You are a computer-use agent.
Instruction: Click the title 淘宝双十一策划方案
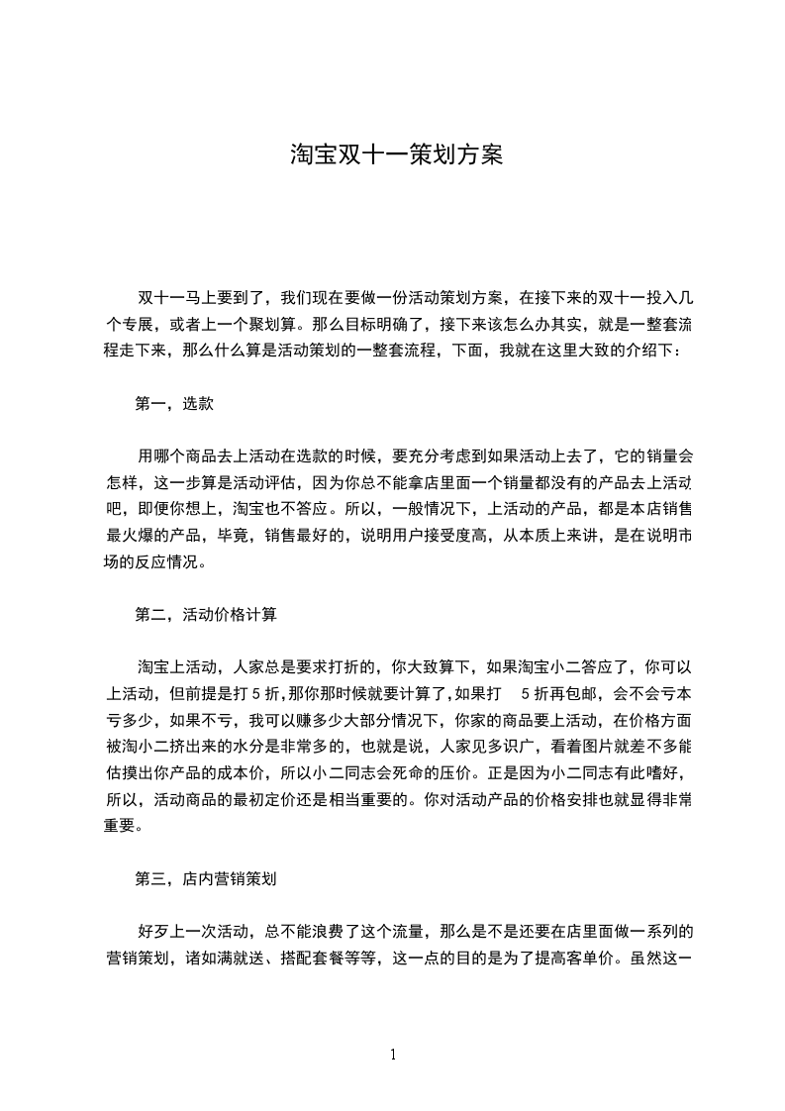396,155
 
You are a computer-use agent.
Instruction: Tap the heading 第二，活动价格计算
206,614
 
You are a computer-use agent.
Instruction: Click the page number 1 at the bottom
393,1055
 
